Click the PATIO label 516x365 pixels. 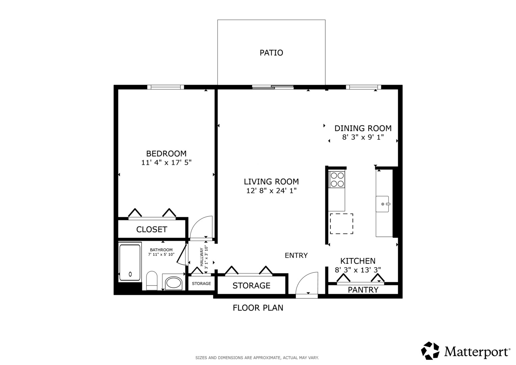click(x=271, y=53)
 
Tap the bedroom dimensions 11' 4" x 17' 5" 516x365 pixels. click(x=166, y=163)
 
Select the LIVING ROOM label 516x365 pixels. click(x=271, y=181)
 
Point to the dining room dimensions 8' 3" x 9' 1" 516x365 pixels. click(x=363, y=137)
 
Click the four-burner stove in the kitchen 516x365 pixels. click(x=337, y=180)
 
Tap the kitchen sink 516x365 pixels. click(x=383, y=204)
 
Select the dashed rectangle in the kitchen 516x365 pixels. click(x=341, y=224)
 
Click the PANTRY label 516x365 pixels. click(x=363, y=290)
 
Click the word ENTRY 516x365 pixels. click(x=296, y=255)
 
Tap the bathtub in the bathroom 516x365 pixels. click(x=130, y=263)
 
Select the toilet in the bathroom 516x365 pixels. click(x=152, y=281)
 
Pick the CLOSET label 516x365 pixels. click(x=152, y=229)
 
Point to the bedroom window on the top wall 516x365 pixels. click(x=165, y=87)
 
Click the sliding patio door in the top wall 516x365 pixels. click(x=273, y=87)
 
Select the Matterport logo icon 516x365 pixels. click(x=430, y=350)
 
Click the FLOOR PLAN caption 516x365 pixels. click(x=258, y=308)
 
